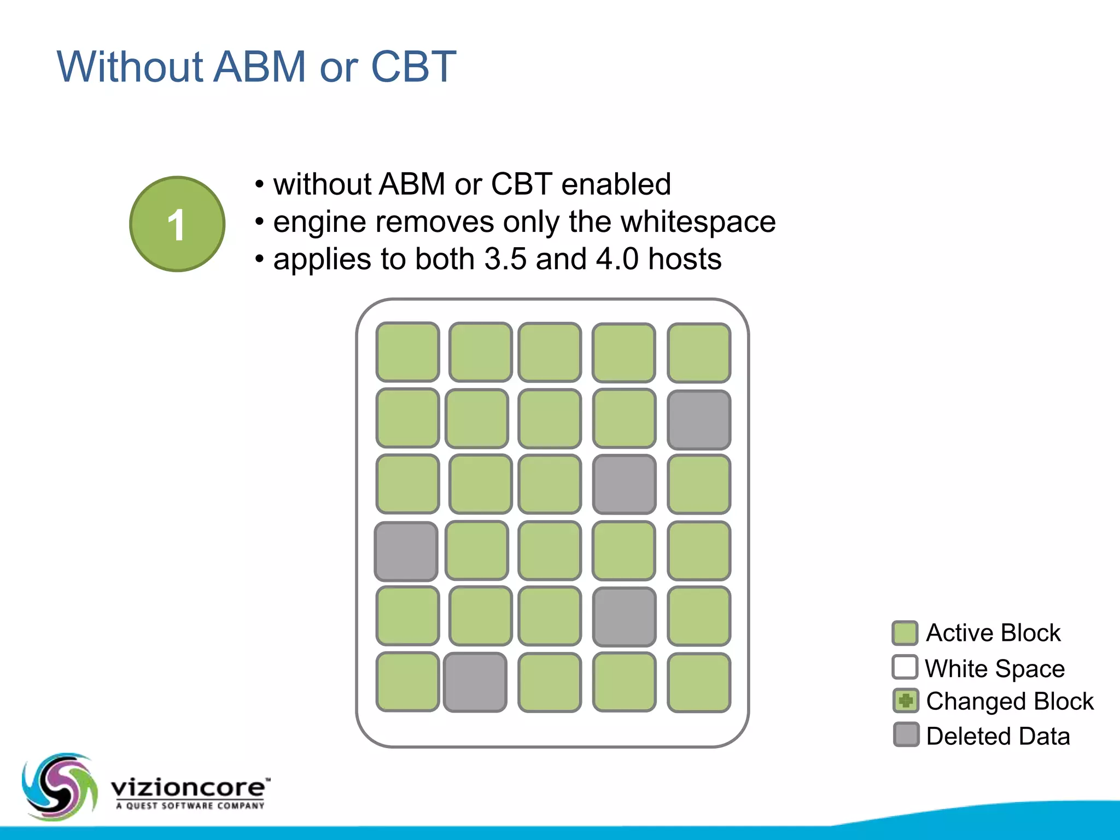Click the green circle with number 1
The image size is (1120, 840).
[x=177, y=224]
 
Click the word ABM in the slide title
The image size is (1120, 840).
[x=259, y=67]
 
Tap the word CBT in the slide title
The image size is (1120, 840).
[x=413, y=67]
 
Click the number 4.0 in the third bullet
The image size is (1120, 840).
[x=617, y=259]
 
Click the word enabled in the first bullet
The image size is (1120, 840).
[x=616, y=184]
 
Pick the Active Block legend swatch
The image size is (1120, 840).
[x=905, y=633]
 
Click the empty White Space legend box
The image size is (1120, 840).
[x=905, y=667]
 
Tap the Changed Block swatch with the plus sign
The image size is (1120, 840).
[x=906, y=701]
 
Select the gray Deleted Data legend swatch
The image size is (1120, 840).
[x=906, y=735]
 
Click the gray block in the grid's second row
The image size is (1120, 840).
[x=699, y=419]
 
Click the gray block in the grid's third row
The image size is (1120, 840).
[x=624, y=485]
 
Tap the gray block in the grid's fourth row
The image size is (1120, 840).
[x=406, y=551]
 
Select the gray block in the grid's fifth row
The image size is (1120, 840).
[x=624, y=617]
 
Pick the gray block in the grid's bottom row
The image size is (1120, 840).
[x=475, y=682]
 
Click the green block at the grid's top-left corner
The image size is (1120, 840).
[x=407, y=352]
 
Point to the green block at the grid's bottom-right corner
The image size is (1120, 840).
[x=699, y=682]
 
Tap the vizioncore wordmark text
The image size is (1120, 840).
[x=189, y=788]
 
